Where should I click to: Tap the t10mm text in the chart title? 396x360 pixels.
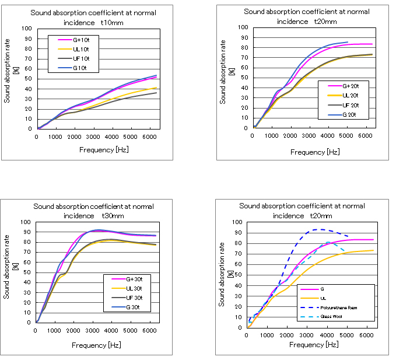110,22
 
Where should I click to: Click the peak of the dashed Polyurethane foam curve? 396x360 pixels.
320,229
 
